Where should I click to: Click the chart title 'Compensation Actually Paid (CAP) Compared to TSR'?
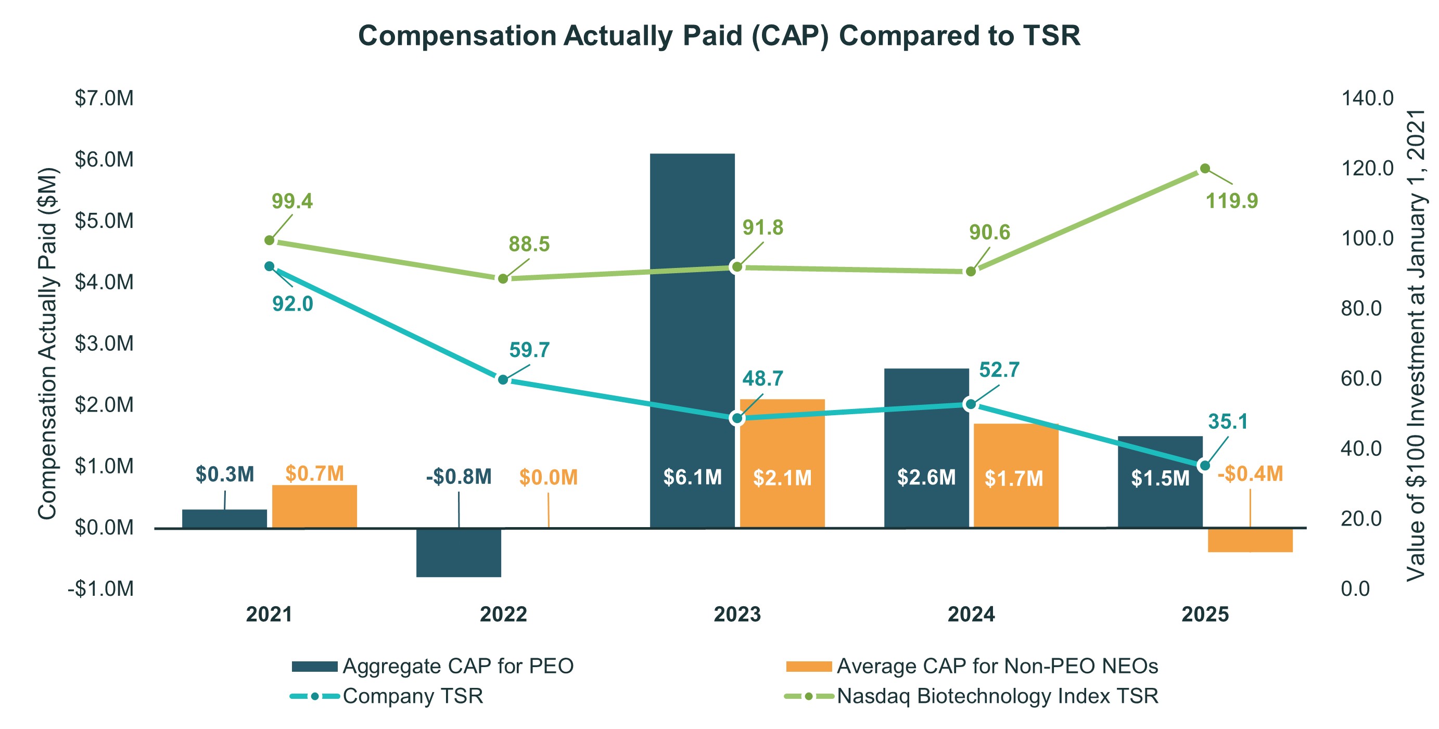click(x=719, y=36)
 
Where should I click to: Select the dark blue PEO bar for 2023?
click(x=692, y=313)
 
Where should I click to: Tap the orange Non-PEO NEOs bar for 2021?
click(x=314, y=506)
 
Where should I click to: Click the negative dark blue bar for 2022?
click(x=459, y=553)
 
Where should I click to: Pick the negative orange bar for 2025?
click(x=1250, y=540)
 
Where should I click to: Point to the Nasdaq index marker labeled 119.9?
click(x=1205, y=169)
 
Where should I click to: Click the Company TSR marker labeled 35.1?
click(x=1205, y=465)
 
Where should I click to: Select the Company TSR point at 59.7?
click(x=503, y=380)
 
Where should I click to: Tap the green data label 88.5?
click(x=528, y=244)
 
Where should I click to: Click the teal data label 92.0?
click(x=292, y=304)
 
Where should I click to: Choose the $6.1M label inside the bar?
click(x=692, y=477)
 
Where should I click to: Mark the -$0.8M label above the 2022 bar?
click(x=459, y=477)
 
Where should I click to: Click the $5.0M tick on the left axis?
click(x=104, y=221)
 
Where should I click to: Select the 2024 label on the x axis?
click(x=971, y=615)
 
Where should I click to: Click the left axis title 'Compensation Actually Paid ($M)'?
click(x=47, y=343)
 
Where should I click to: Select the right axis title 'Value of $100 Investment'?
click(x=1416, y=344)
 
